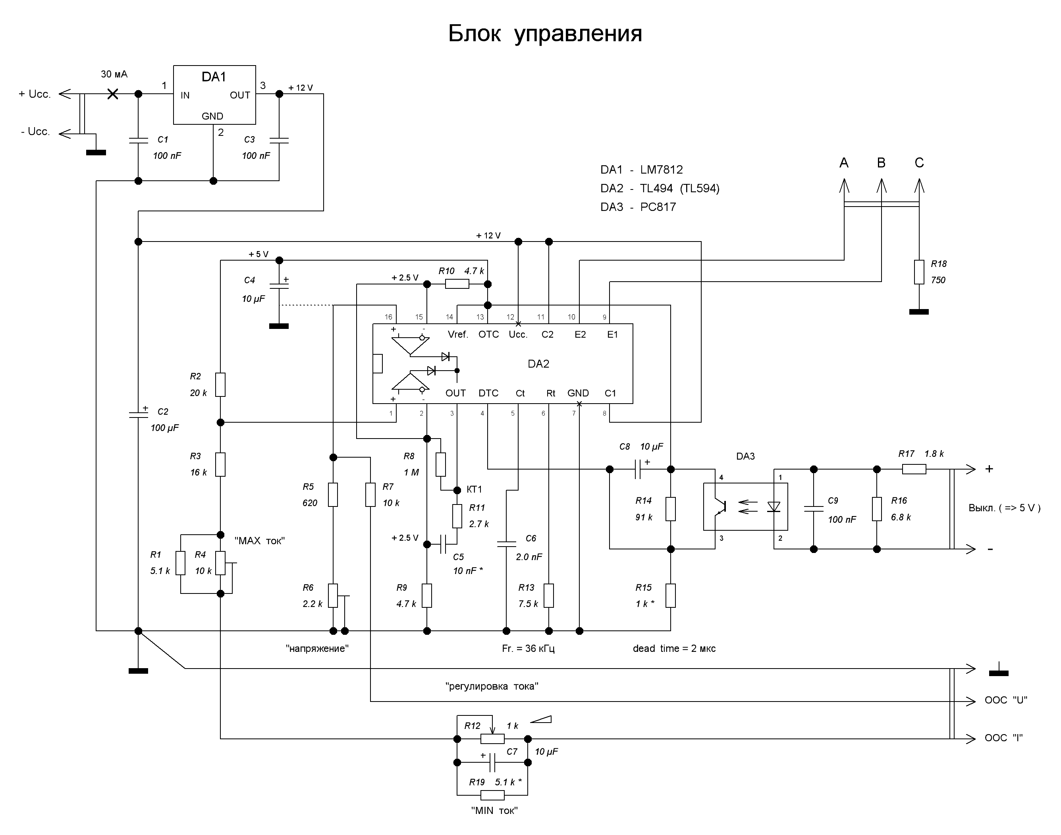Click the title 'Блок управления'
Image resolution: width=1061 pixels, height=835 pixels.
pos(544,34)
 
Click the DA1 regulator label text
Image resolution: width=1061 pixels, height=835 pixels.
pos(214,77)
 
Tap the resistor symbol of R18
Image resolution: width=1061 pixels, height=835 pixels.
pos(919,272)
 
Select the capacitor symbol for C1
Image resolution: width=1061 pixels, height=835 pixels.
pos(138,141)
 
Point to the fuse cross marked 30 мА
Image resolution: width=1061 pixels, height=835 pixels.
pos(112,94)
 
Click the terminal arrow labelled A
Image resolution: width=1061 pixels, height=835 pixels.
pos(844,186)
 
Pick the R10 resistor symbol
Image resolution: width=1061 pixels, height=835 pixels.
pos(457,284)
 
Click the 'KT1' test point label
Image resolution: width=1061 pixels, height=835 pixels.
pos(474,489)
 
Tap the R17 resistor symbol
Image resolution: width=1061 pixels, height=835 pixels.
pos(913,469)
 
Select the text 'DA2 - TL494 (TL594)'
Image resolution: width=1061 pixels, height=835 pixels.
pos(660,188)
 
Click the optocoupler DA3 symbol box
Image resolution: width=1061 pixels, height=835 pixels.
pos(745,506)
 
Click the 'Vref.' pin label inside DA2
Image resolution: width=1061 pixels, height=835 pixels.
pos(458,334)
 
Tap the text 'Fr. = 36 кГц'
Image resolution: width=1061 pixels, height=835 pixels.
pos(528,648)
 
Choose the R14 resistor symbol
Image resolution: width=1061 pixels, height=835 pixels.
pos(671,509)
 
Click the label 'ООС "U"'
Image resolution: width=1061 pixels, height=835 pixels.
pos(1005,700)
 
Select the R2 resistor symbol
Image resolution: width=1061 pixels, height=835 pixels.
pos(220,385)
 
